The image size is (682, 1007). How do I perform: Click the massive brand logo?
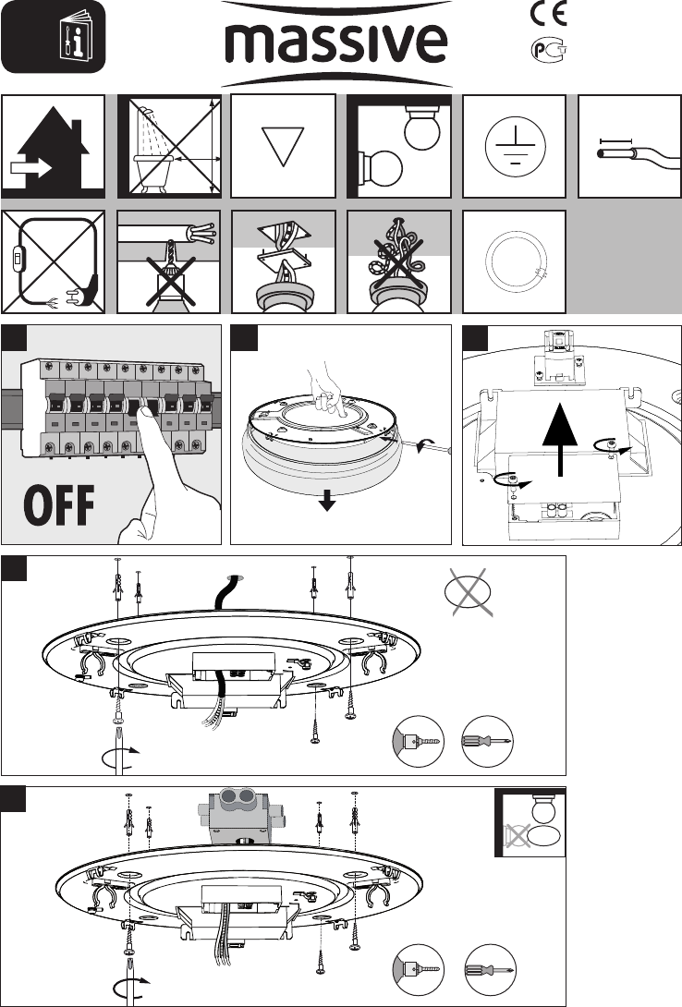[x=335, y=43]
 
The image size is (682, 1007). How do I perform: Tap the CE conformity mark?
[x=548, y=14]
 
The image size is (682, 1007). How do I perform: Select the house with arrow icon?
[x=54, y=147]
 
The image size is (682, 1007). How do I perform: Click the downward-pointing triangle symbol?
[x=283, y=146]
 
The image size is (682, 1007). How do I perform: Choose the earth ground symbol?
[x=515, y=147]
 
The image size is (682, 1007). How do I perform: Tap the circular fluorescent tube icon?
[x=515, y=262]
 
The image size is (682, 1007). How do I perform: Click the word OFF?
[x=59, y=505]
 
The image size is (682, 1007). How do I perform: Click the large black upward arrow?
[x=562, y=440]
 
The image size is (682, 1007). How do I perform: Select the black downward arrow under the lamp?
[x=327, y=501]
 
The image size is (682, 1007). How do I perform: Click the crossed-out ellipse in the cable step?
[x=469, y=592]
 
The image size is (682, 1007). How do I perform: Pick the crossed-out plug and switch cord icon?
[x=54, y=262]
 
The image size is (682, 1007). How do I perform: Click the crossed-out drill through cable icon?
[x=169, y=262]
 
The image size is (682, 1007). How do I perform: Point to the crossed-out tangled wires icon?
[x=399, y=262]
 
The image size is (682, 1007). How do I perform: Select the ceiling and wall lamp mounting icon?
[x=399, y=147]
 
